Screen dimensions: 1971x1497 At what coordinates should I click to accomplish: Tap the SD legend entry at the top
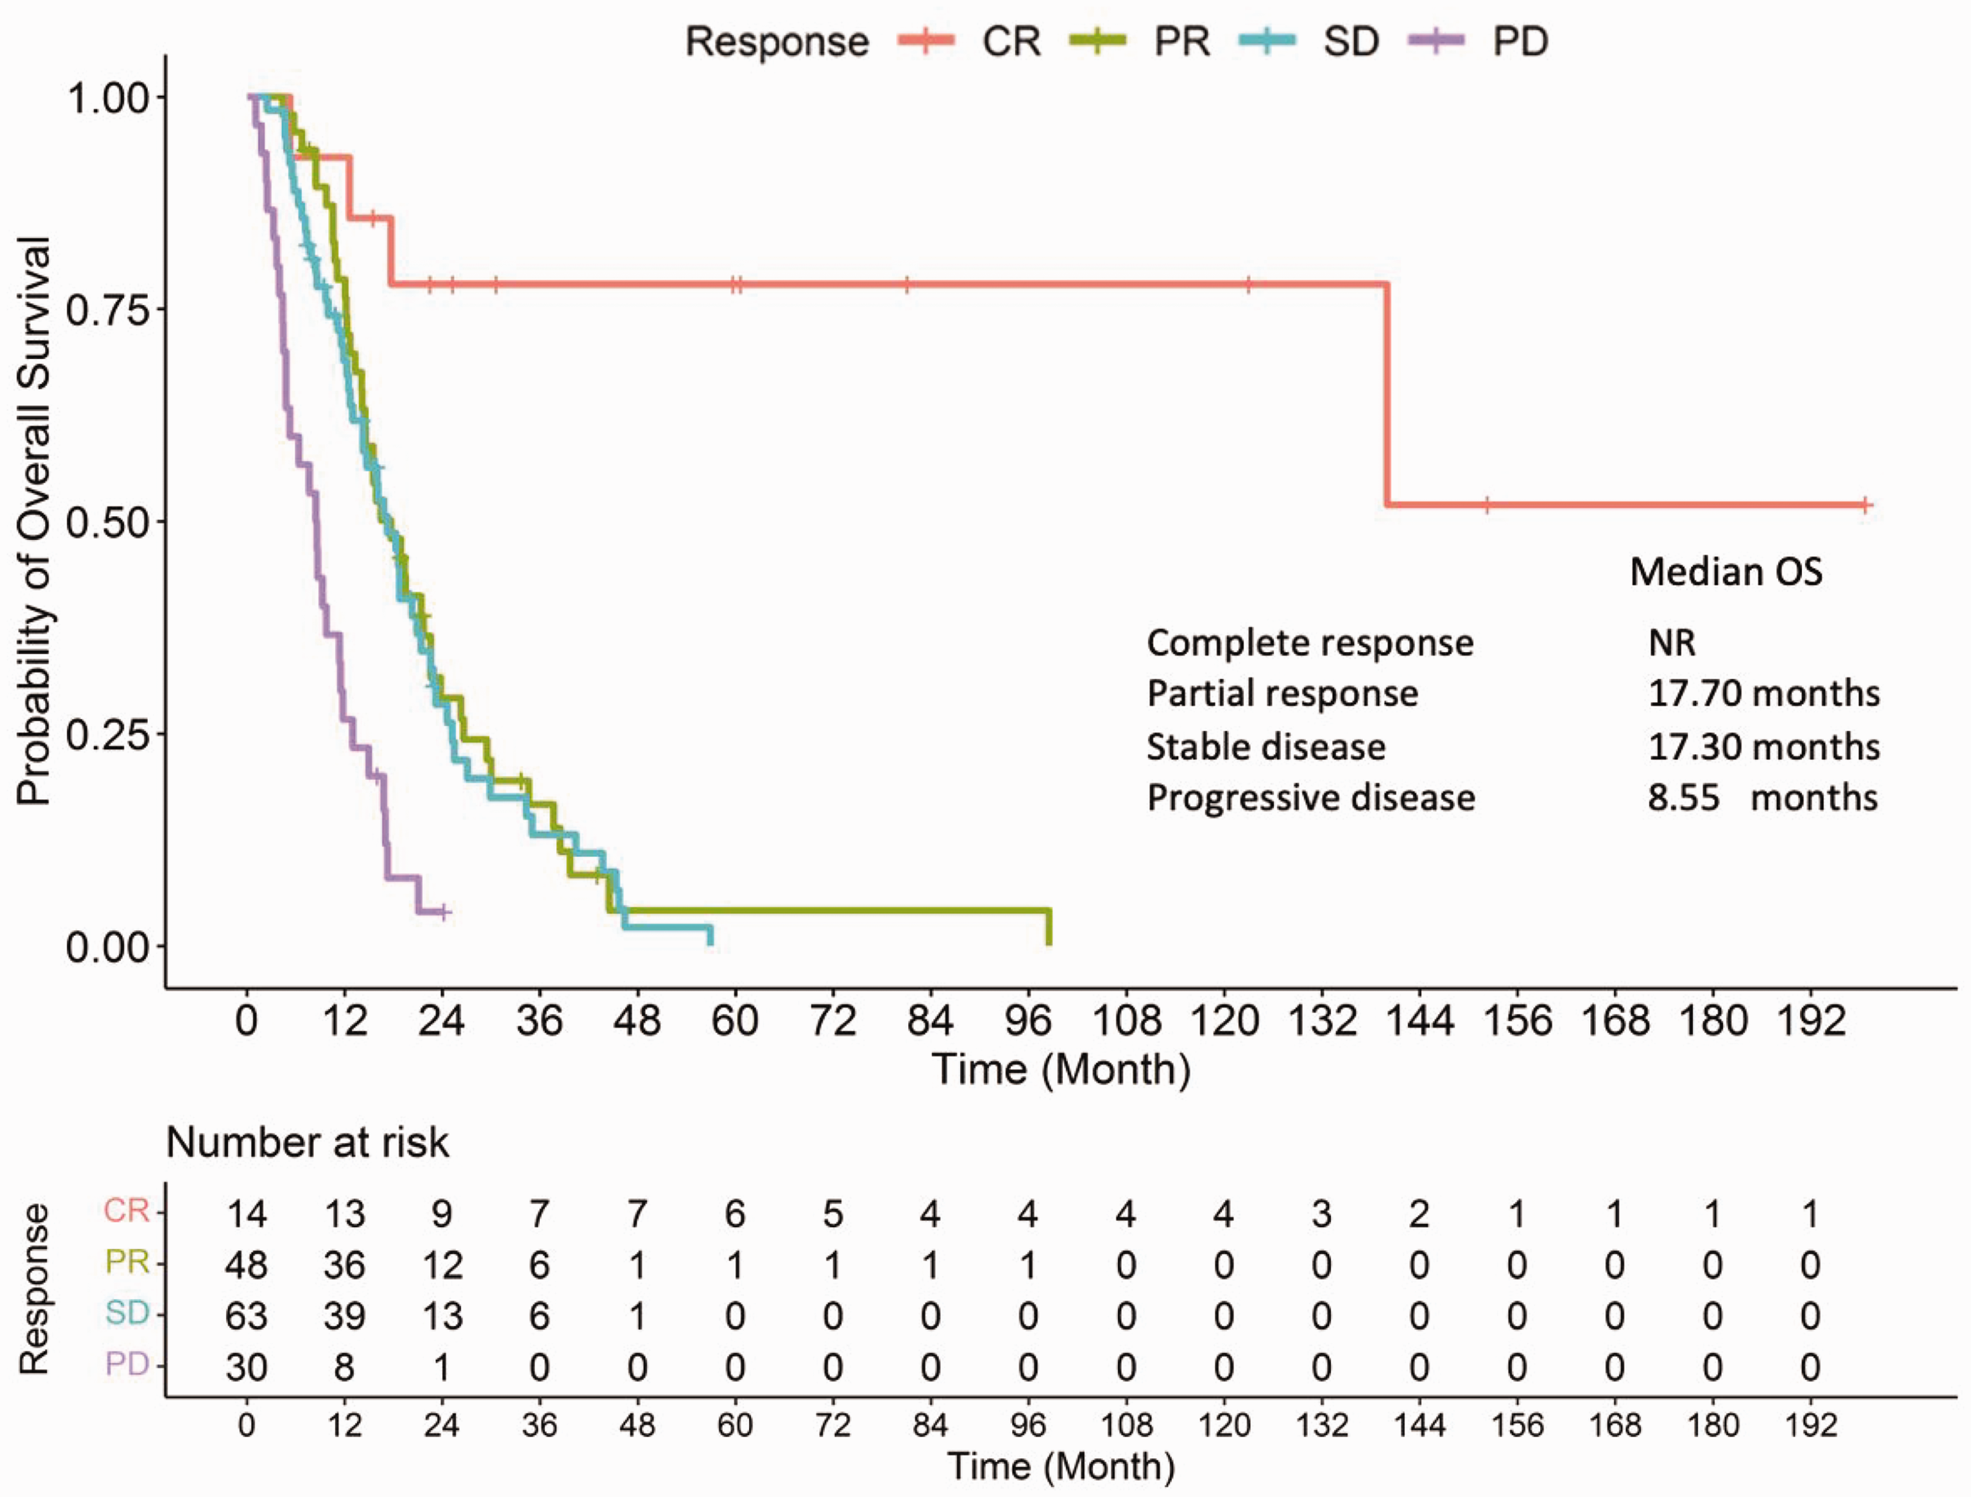click(x=1310, y=42)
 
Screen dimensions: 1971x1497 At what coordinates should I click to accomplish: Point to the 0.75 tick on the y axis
click(x=160, y=308)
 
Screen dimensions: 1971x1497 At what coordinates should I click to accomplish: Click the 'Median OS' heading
click(x=1726, y=572)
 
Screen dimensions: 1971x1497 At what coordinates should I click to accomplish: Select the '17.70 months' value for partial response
click(x=1763, y=694)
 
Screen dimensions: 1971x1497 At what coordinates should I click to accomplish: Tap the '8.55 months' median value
click(x=1763, y=796)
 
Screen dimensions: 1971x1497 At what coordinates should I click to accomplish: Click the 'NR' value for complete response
click(x=1672, y=642)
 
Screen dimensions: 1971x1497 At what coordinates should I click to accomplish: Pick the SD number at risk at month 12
click(x=345, y=1315)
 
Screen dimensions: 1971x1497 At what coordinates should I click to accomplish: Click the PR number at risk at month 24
click(x=442, y=1265)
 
